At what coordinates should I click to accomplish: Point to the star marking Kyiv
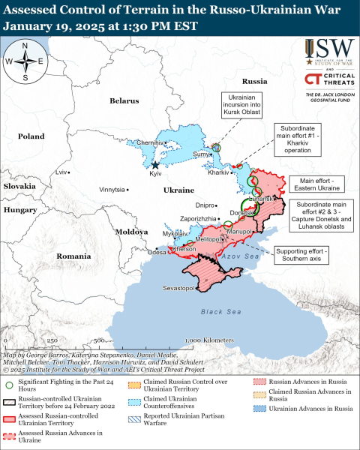(x=156, y=165)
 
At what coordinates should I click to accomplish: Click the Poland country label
(x=31, y=137)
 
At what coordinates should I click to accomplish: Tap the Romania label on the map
(x=73, y=256)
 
